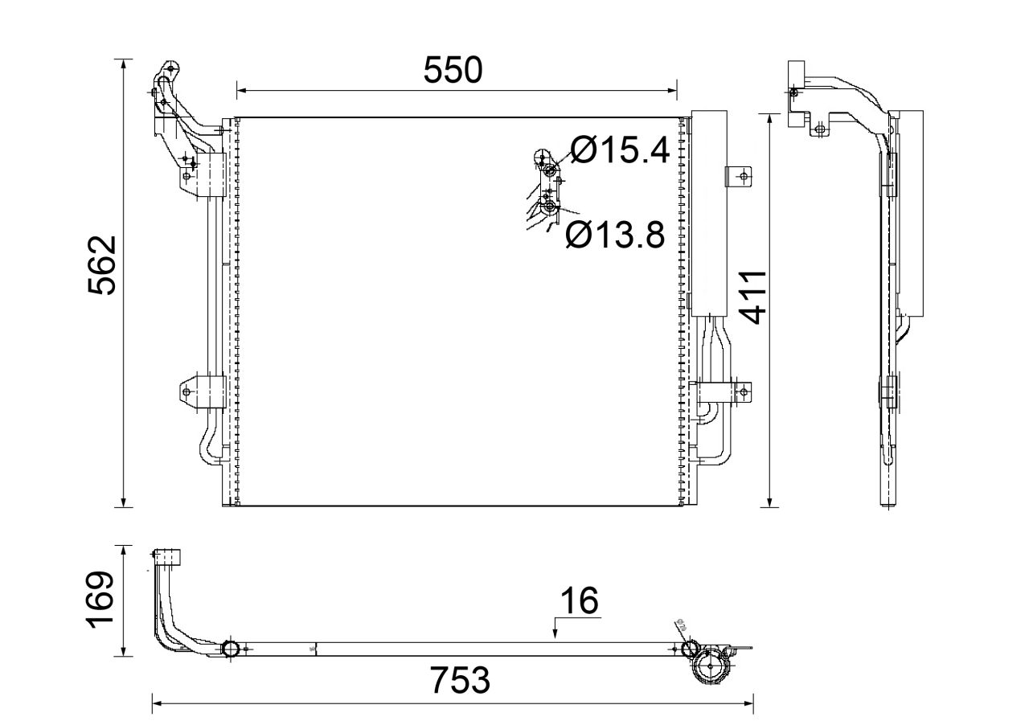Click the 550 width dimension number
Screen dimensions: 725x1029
(x=453, y=71)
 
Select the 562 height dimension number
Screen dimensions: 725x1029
(x=104, y=265)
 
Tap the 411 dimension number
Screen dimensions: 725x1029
(x=752, y=297)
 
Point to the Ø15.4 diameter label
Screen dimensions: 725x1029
(x=620, y=150)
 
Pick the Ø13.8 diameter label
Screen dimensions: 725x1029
(x=615, y=235)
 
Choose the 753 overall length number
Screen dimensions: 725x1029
(x=459, y=682)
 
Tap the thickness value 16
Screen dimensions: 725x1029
(x=578, y=600)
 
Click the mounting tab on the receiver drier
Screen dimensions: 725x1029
(x=741, y=176)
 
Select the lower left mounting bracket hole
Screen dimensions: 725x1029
(x=187, y=392)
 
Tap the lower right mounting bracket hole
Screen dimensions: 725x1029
(x=744, y=392)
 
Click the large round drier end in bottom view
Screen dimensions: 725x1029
(x=711, y=666)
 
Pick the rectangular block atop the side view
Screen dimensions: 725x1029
(x=797, y=72)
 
